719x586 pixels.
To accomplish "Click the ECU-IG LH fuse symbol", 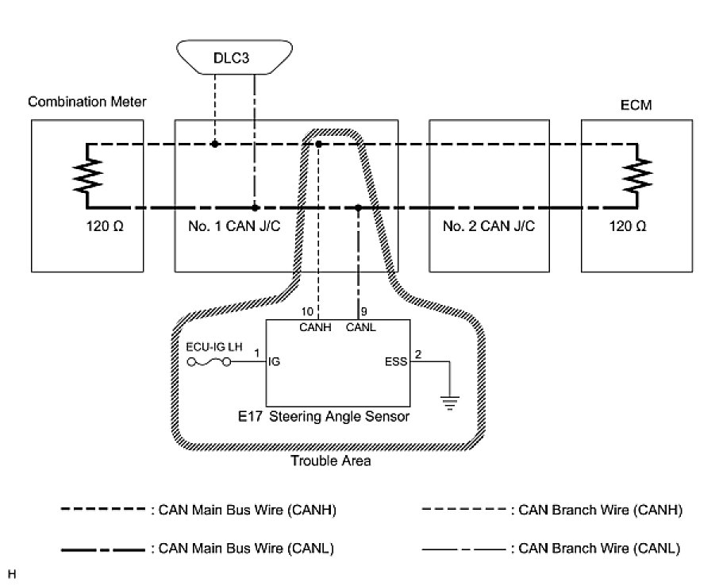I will pos(210,362).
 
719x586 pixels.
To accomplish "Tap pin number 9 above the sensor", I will pos(363,310).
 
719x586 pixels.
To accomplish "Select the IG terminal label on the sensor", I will pos(275,362).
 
